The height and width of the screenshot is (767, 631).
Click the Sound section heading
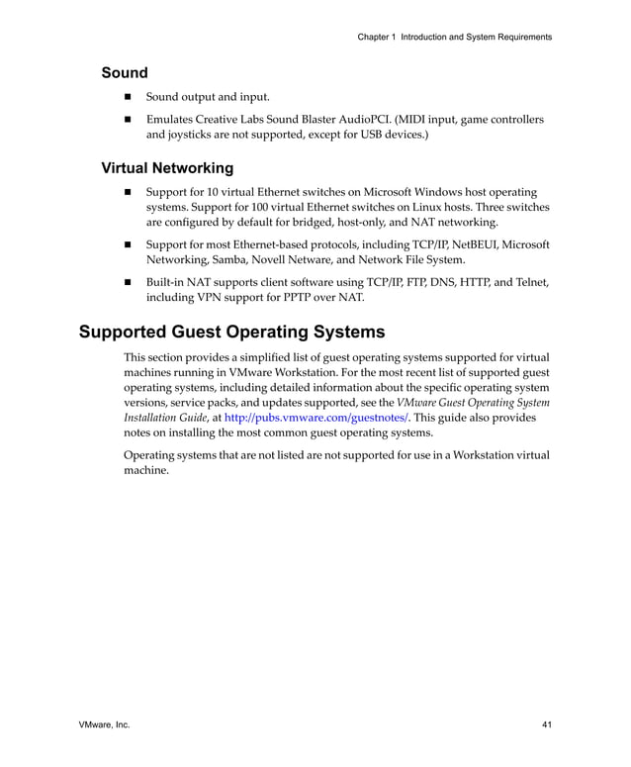125,73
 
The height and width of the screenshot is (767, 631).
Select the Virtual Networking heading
167,168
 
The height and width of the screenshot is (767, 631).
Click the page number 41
546,725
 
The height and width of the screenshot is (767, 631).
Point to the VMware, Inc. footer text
104,725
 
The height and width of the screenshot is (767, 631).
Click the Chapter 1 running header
454,37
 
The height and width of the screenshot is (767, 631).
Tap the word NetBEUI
477,244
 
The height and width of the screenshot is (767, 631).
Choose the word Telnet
528,282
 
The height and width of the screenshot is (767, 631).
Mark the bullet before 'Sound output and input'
128,97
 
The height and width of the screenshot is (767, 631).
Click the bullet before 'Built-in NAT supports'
128,282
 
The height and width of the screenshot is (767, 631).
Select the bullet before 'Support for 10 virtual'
128,191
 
